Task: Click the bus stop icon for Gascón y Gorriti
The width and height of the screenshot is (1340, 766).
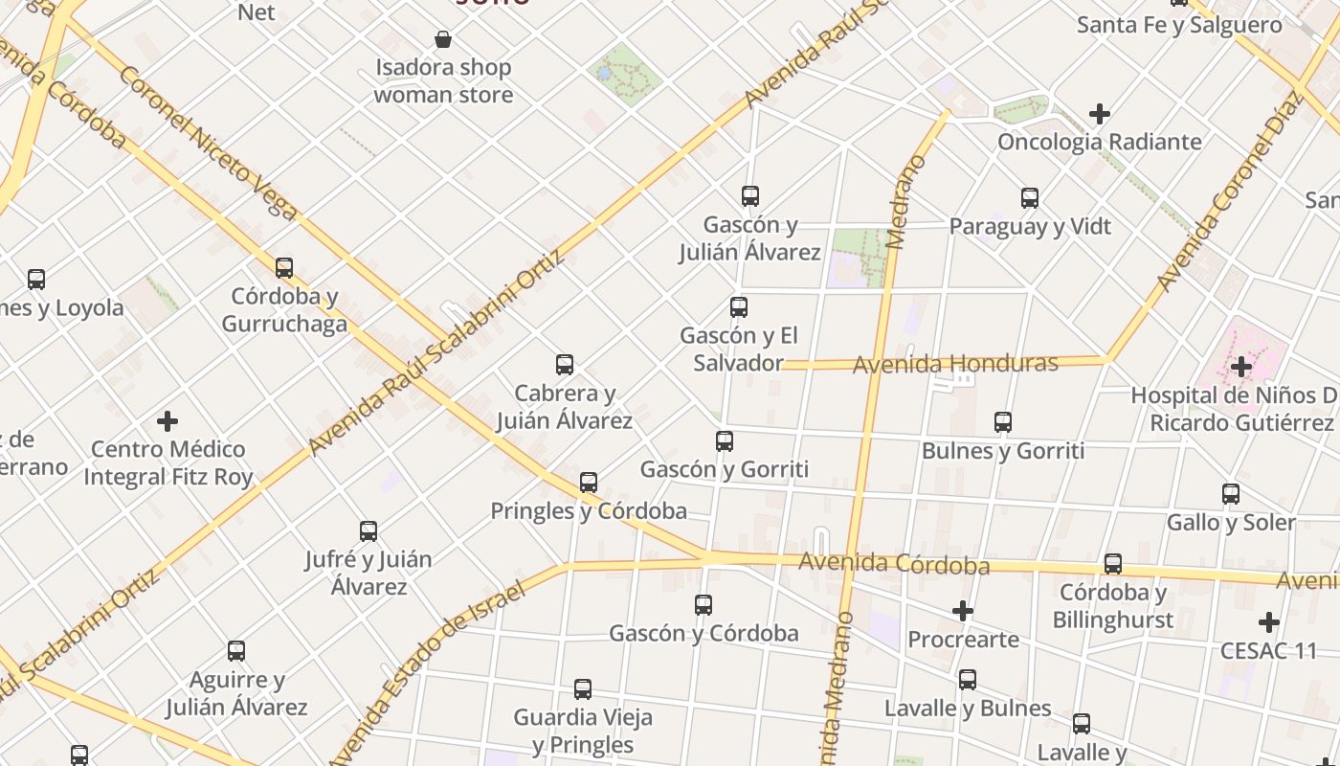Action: (725, 441)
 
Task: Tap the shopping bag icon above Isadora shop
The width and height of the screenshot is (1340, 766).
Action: (443, 39)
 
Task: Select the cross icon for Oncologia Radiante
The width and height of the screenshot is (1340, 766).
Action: (1100, 114)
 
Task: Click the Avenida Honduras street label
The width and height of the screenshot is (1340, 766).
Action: (954, 364)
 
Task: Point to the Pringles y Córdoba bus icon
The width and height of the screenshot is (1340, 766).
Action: (589, 483)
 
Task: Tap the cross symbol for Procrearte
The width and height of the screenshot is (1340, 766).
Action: (963, 611)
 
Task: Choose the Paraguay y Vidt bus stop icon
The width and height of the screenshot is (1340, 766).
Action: (1030, 198)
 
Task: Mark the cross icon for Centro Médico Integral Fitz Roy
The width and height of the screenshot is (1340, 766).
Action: (167, 421)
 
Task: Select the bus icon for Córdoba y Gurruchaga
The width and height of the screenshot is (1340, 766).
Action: (284, 268)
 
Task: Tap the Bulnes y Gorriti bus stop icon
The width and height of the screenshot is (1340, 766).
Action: (1003, 422)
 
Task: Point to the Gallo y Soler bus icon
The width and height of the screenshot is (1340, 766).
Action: (1231, 494)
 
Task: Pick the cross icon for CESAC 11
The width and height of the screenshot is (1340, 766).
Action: (1269, 622)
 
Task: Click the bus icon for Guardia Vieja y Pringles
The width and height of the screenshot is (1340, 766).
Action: (583, 689)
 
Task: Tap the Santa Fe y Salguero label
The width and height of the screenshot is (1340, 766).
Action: (1179, 25)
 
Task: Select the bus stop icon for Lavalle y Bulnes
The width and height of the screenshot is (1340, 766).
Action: (968, 680)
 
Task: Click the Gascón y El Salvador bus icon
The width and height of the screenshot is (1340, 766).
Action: (739, 307)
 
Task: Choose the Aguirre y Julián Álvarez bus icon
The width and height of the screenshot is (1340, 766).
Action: (236, 651)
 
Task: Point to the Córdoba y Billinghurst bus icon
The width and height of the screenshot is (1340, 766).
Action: (1112, 564)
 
